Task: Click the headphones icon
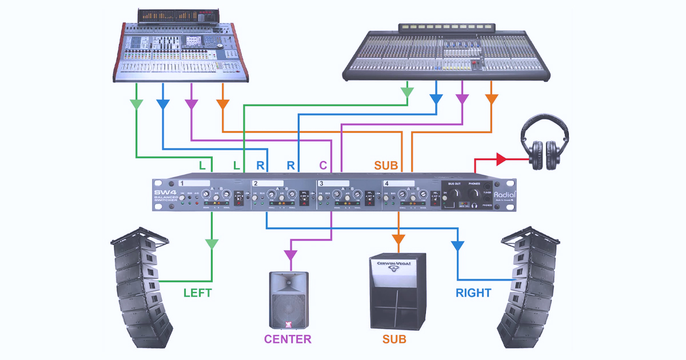(545, 143)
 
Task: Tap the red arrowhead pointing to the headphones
(501, 159)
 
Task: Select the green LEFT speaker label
(197, 293)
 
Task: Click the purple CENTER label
(288, 339)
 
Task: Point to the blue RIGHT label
(473, 293)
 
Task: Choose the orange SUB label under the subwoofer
(394, 339)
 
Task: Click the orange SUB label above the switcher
(386, 166)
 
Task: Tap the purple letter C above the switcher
(323, 166)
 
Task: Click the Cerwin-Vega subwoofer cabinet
(398, 291)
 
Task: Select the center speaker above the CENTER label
(289, 300)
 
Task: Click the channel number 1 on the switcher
(181, 183)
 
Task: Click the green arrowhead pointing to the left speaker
(212, 244)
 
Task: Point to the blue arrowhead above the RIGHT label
(457, 246)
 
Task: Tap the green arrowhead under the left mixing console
(136, 104)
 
